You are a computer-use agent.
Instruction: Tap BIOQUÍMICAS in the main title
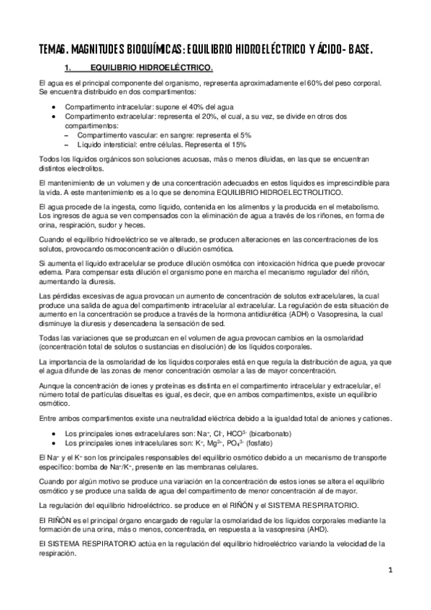(150, 49)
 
